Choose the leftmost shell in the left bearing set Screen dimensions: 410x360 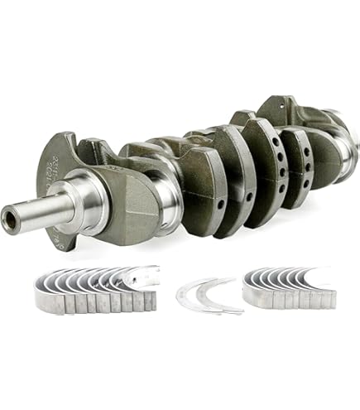pos(41,297)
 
